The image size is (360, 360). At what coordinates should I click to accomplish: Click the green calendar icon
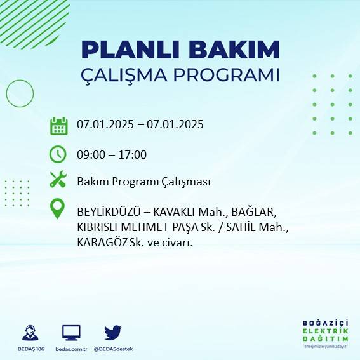pos(58,125)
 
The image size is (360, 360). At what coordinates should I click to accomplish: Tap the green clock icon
pos(58,154)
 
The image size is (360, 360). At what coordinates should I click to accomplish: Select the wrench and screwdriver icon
pos(58,180)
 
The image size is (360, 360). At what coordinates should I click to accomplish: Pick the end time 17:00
pos(133,154)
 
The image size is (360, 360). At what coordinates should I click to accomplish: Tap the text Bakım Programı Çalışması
pos(143,182)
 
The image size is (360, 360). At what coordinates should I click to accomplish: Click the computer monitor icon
pos(71,332)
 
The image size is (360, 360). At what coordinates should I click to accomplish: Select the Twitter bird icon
pos(113,332)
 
